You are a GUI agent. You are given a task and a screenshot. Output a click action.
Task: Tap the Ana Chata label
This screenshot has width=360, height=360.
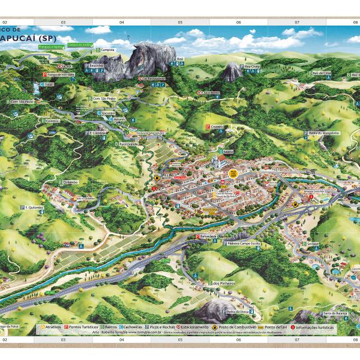pos(252,67)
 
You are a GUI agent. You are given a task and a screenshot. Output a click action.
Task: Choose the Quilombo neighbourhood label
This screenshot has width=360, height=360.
pos(70,181)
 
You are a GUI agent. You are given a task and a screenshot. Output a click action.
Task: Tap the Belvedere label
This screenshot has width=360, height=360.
pos(208,236)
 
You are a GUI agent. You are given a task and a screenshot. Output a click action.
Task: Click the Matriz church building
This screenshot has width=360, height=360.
pos(214,161)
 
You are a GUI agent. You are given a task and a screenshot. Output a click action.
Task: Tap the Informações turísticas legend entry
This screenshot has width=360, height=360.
pos(311,327)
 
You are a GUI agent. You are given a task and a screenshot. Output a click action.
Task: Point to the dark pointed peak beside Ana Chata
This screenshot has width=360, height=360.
pos(231,71)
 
